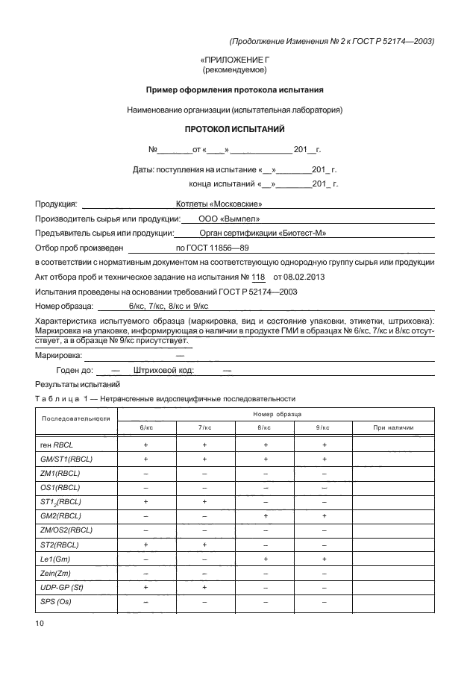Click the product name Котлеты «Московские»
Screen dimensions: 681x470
coord(219,203)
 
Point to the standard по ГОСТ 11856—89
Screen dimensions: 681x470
coord(212,248)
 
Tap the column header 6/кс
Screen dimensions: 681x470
coord(146,427)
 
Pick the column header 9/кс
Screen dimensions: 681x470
coord(323,427)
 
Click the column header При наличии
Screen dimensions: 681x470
coord(392,427)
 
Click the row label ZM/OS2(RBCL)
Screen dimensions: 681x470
coord(66,530)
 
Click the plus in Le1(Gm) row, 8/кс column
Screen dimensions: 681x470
coord(265,559)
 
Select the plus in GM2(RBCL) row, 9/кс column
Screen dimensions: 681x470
coord(324,515)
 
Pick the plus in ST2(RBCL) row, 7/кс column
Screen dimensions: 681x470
coord(205,545)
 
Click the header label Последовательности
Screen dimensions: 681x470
coord(75,418)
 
